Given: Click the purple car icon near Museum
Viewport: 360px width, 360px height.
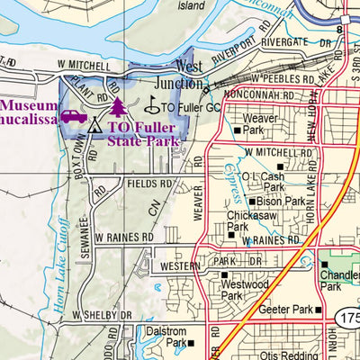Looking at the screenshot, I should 74,116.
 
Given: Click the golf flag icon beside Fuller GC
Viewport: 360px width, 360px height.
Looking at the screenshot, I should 151,105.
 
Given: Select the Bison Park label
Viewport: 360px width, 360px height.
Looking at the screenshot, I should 281,202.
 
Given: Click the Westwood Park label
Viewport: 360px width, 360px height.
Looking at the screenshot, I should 231,289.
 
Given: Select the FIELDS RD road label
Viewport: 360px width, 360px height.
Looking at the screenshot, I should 148,183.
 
